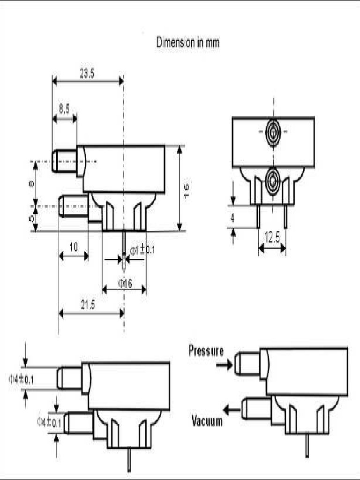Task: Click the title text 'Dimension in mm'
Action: point(187,43)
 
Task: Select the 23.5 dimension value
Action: point(87,74)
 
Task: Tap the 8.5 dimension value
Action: point(64,109)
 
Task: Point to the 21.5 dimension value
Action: point(88,305)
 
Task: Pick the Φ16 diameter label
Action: point(125,283)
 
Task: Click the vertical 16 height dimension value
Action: point(186,188)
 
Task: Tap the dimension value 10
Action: point(74,247)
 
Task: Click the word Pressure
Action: point(206,350)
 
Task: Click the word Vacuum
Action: point(207,421)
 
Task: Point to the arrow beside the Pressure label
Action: point(225,364)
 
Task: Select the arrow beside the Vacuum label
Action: point(231,410)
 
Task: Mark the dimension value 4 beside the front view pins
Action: point(233,217)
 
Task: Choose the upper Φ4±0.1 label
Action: point(21,380)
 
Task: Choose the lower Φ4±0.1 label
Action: point(49,422)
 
